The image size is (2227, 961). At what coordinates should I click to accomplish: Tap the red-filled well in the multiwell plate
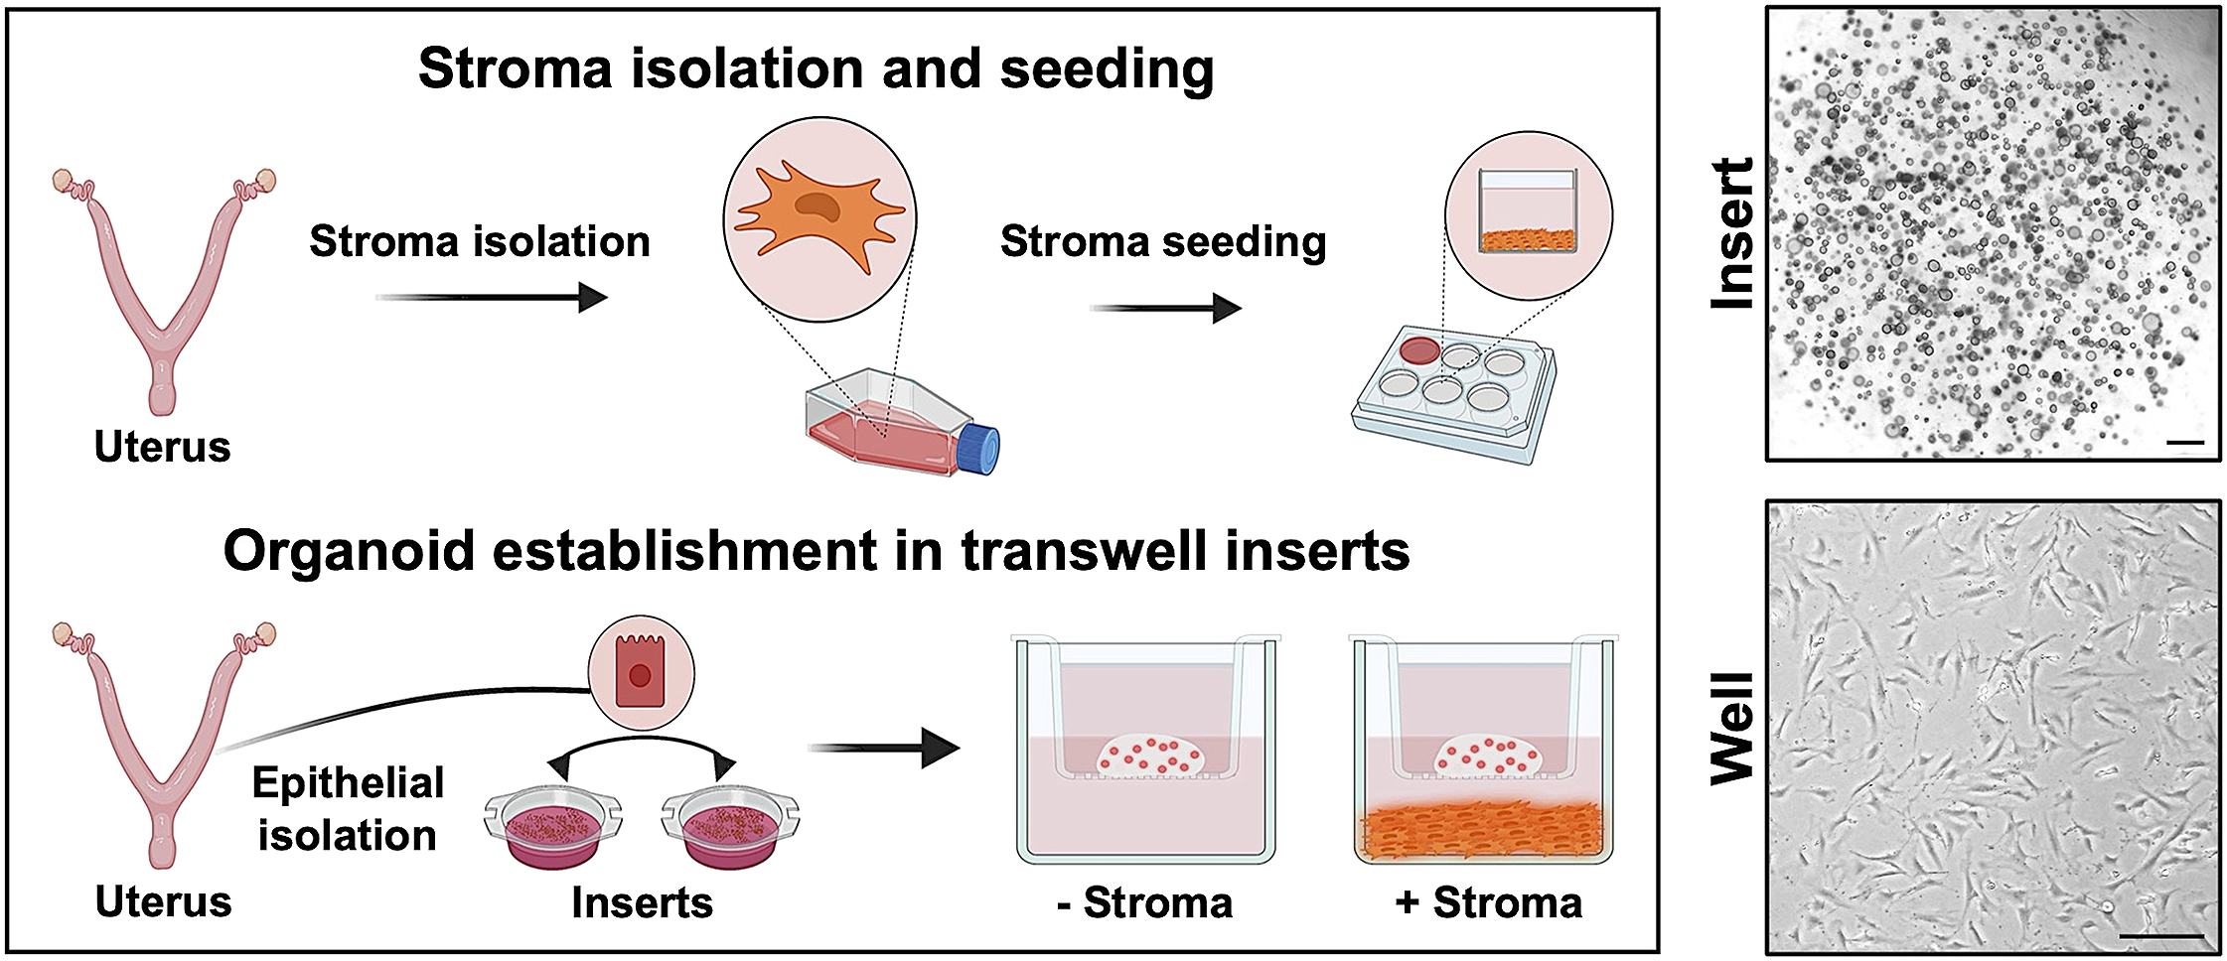(1419, 349)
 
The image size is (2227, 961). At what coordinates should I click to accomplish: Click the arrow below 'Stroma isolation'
(493, 297)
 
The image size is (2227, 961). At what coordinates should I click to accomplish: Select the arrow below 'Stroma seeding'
(1165, 309)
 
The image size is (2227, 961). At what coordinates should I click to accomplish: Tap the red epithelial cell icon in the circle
(641, 676)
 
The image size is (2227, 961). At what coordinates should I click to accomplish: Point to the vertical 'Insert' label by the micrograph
(1733, 233)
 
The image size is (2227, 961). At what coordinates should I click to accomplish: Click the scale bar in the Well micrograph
(2154, 935)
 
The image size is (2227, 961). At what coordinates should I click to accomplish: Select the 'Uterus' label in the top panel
(162, 448)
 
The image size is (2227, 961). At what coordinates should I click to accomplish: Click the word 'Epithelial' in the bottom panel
(348, 783)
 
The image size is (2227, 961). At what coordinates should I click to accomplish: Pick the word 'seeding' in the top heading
(1107, 69)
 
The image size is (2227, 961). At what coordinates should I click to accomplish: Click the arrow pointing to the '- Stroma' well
(884, 748)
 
